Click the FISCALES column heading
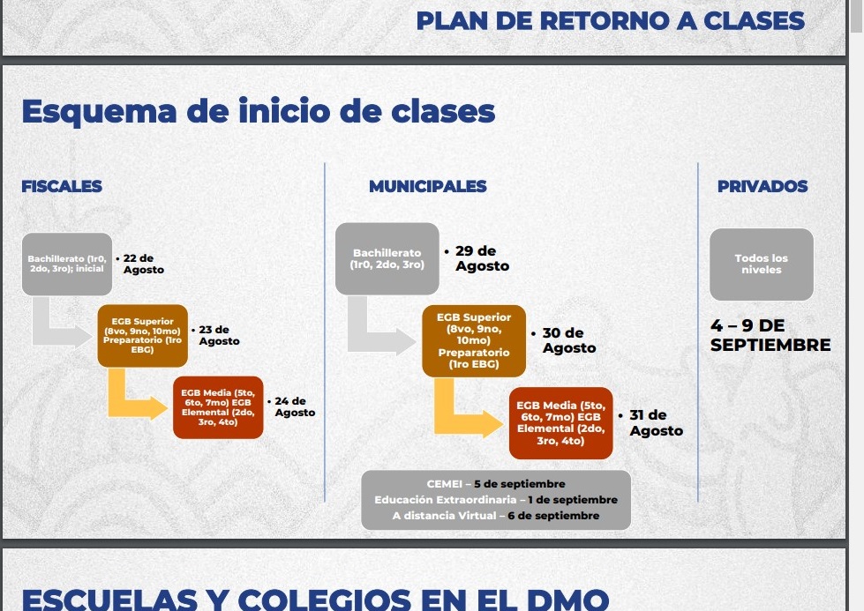tap(62, 186)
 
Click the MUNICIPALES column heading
tap(428, 186)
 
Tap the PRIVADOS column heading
tap(762, 186)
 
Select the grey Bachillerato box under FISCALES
tap(67, 265)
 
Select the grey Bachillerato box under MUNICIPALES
tap(387, 258)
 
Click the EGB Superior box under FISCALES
tap(143, 336)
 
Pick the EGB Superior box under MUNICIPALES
tap(474, 340)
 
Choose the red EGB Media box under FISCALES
tap(218, 407)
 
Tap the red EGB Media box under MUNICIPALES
tap(561, 423)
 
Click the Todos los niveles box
tap(762, 265)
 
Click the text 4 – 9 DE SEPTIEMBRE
tap(770, 335)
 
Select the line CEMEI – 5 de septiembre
tap(496, 484)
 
